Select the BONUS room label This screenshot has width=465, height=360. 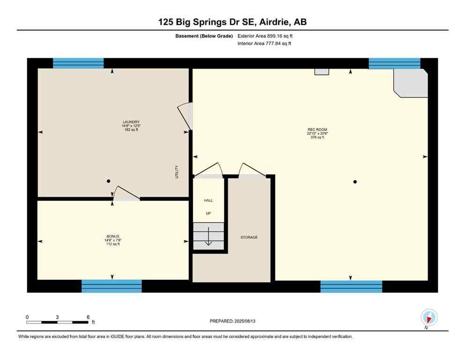[x=113, y=236]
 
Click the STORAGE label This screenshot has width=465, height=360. [x=249, y=238]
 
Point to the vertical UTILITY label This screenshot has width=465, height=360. [x=177, y=174]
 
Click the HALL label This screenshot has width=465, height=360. [x=208, y=201]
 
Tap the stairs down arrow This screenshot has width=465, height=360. [x=209, y=242]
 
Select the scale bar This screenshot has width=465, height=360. [x=57, y=322]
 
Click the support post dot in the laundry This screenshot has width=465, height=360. [x=108, y=181]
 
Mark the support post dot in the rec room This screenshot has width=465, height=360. [x=355, y=181]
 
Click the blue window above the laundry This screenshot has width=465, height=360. [x=78, y=63]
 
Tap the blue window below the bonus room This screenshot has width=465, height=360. [x=111, y=286]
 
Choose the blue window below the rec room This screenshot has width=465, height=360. [x=351, y=286]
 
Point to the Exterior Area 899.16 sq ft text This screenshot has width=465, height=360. [x=266, y=36]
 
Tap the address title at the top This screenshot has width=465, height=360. [x=232, y=22]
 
